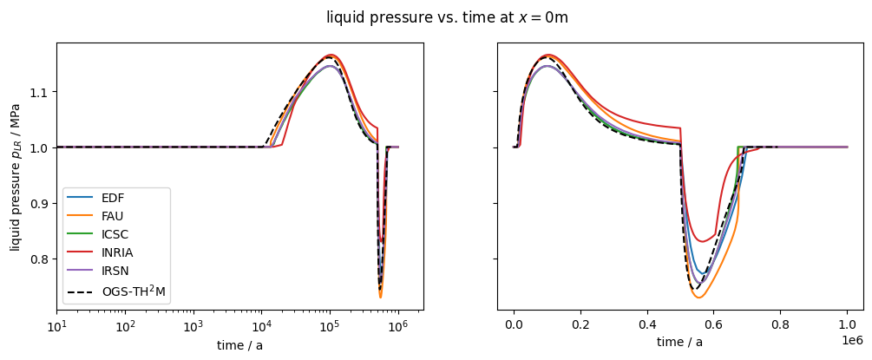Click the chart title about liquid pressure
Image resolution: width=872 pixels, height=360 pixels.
(447, 17)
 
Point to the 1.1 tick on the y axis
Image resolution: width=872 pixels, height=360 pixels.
(39, 92)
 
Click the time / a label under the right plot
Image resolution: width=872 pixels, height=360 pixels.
(679, 343)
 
